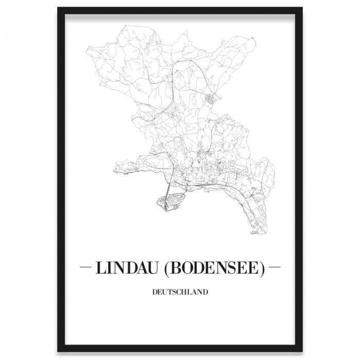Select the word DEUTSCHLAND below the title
[x=180, y=293]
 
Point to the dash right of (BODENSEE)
[x=275, y=268]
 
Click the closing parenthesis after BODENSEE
[x=261, y=268]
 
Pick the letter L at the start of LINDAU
[x=99, y=268]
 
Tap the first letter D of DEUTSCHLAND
[x=155, y=293]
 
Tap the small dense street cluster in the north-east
[x=209, y=98]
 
